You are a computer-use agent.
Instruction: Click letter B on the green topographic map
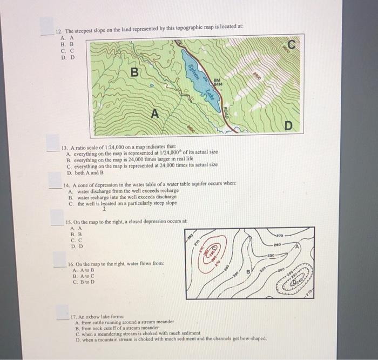pos(135,71)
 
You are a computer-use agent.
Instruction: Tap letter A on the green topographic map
pos(155,114)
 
